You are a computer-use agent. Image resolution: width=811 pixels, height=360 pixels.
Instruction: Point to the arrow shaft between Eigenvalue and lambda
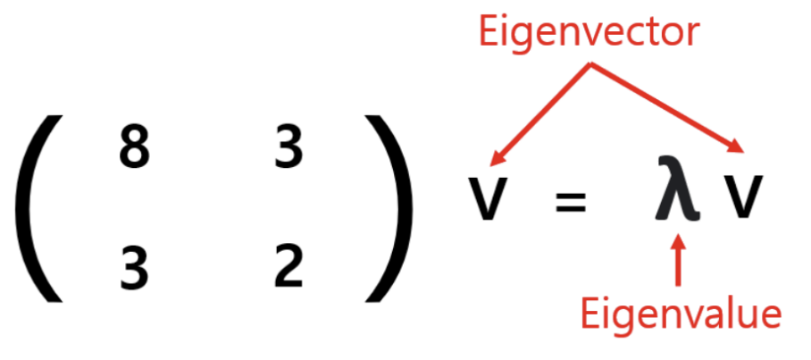pyautogui.click(x=680, y=268)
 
